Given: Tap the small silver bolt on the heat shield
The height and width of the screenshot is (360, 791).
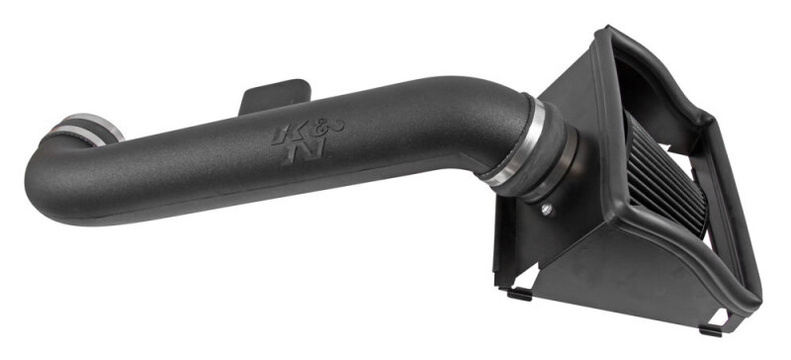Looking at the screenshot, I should (x=547, y=210).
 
